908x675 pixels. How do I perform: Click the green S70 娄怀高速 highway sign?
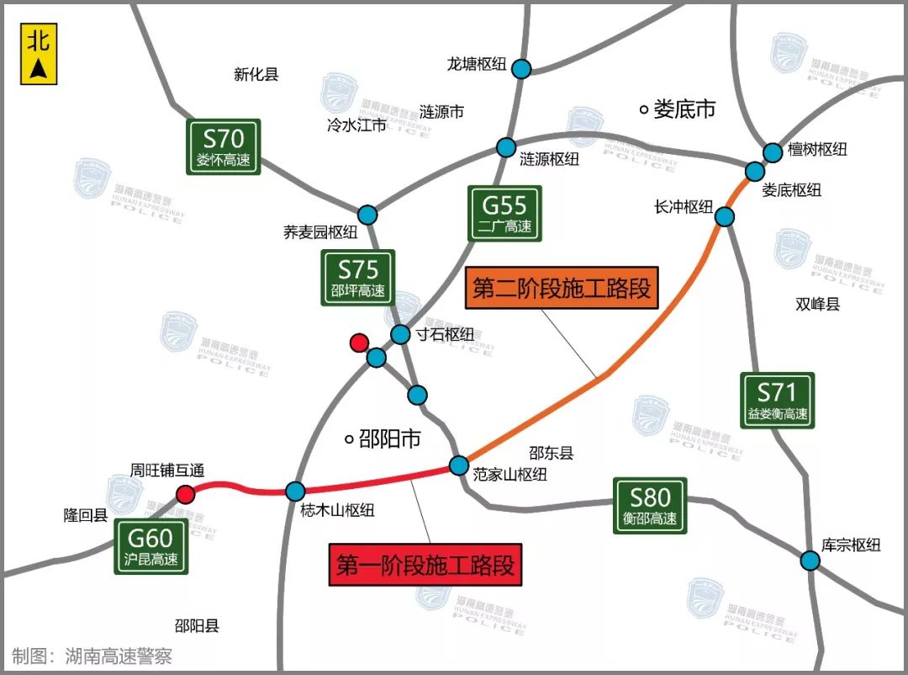point(224,147)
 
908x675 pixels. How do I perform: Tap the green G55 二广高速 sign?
point(504,214)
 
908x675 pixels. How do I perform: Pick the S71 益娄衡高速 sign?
point(778,401)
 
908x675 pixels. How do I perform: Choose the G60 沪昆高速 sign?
point(151,546)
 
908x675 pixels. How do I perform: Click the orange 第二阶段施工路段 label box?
point(561,289)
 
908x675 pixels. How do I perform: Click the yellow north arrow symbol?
point(39,54)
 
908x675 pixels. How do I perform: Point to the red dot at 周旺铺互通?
point(185,494)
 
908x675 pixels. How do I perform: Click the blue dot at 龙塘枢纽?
point(521,69)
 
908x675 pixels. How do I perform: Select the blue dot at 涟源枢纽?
point(505,147)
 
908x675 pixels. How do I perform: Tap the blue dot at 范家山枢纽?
point(459,465)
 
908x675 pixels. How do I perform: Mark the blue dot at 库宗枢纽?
point(810,561)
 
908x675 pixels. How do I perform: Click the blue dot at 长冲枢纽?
point(725,217)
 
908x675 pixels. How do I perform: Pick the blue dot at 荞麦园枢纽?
point(367,215)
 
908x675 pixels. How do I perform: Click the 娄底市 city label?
point(678,109)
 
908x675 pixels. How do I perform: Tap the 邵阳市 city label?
point(382,438)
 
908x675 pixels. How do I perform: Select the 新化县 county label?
point(256,75)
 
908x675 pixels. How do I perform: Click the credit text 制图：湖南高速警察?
point(92,656)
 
